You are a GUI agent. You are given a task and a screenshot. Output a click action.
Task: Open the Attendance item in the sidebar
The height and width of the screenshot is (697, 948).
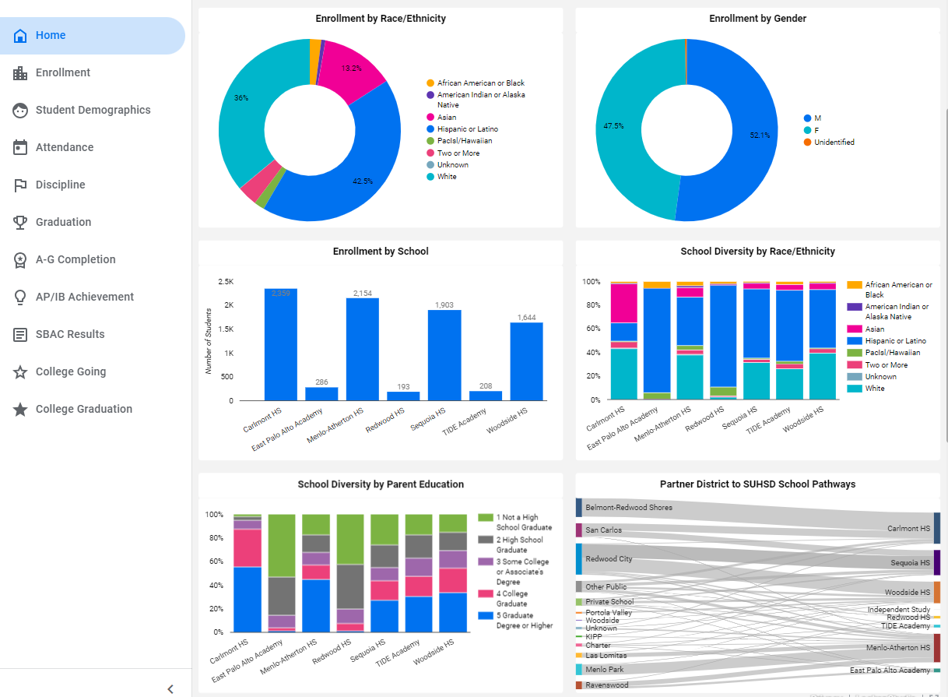[x=65, y=147]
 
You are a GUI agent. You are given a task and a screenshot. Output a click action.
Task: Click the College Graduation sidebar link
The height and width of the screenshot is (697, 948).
[x=83, y=409]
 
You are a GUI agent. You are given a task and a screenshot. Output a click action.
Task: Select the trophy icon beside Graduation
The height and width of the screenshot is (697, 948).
[x=20, y=222]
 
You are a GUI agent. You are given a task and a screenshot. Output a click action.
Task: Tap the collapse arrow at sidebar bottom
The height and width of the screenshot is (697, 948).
[x=170, y=688]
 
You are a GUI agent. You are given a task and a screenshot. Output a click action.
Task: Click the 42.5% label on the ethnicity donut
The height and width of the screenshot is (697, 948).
[x=363, y=181]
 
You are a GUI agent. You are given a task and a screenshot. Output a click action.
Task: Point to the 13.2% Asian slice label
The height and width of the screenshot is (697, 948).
[x=352, y=69]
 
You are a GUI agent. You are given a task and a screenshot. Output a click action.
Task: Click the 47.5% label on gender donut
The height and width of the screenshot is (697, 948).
[x=613, y=125]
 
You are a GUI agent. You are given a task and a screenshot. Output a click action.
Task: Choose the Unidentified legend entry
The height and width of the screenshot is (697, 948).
[x=834, y=143]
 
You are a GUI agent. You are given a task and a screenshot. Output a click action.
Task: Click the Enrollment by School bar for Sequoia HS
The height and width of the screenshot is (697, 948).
[x=444, y=355]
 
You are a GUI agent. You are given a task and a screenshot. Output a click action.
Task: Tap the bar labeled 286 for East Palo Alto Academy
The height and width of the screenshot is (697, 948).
[x=321, y=393]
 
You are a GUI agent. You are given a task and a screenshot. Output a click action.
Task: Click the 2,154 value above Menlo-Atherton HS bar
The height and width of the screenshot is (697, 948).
[x=363, y=293]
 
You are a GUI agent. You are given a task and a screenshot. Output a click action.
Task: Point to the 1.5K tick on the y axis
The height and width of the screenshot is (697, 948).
[x=225, y=329]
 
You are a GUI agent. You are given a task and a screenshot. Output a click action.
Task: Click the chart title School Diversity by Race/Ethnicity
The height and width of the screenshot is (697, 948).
[x=757, y=252]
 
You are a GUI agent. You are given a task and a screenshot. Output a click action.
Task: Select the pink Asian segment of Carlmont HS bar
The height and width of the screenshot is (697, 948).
[x=624, y=303]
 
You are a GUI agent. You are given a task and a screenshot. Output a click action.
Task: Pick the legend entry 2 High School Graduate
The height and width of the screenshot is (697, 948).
[x=519, y=544]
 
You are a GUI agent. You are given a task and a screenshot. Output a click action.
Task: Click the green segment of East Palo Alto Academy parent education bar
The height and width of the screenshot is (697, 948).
[x=281, y=545]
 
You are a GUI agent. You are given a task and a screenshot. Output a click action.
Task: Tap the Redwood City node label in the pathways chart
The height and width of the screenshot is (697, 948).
[x=609, y=559]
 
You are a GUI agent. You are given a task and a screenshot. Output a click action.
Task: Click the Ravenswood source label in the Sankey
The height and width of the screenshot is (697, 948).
[x=606, y=685]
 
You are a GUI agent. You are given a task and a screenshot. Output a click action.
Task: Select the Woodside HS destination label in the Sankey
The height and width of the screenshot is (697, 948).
[x=907, y=593]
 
